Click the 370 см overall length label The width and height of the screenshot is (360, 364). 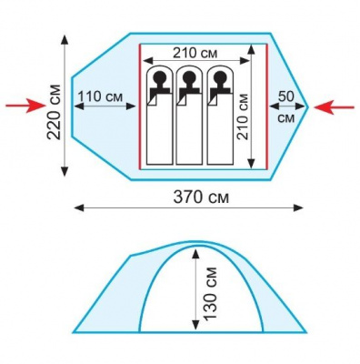[x=201, y=197]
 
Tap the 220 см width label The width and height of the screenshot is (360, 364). [x=55, y=112]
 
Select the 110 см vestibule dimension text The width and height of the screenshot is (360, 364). [x=100, y=96]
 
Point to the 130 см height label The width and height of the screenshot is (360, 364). [x=211, y=293]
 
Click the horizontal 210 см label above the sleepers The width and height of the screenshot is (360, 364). [x=195, y=54]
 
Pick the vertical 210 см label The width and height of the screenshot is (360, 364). [x=243, y=116]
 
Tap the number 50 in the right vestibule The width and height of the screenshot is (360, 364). [x=286, y=96]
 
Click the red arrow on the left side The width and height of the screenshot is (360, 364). [x=25, y=106]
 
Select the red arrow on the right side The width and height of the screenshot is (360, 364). [x=334, y=107]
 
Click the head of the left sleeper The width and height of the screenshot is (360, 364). [x=159, y=78]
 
